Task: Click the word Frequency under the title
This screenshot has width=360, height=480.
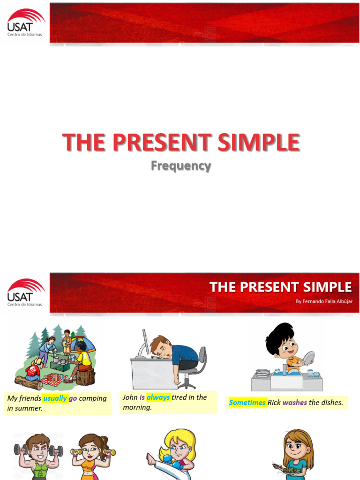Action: (181, 166)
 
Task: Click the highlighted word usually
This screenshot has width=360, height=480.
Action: (55, 398)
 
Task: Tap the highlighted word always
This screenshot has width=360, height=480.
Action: (158, 397)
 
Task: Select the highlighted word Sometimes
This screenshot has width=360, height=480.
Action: (247, 403)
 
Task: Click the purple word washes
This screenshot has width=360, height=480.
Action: (294, 403)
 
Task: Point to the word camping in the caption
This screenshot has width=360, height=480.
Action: (93, 398)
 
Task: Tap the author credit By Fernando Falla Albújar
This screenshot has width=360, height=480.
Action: (324, 301)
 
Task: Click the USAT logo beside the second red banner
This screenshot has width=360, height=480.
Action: (26, 292)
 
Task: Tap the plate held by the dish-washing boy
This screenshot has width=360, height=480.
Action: (308, 359)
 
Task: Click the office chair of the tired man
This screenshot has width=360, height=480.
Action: (193, 368)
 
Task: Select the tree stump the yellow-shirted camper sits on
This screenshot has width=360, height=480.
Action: (85, 377)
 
